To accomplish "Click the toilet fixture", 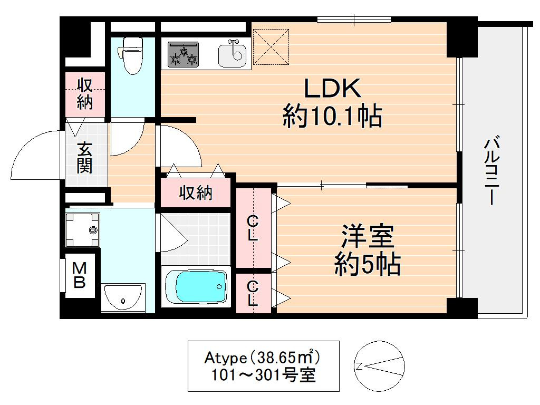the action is point(131,55).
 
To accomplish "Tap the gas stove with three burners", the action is point(183,54).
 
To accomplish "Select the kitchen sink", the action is point(232,54).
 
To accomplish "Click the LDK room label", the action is point(332,89).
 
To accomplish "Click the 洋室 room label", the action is point(368,236).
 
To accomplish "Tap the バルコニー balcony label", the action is point(492,171).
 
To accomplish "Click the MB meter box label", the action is point(79,275).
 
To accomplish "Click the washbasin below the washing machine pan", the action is point(123,297).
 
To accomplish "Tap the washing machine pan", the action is point(82,230).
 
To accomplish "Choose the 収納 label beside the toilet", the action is point(85,94).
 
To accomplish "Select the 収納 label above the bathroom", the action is point(196,193).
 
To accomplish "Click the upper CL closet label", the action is point(253,228).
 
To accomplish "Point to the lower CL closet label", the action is point(253,293).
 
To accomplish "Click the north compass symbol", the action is point(379,366).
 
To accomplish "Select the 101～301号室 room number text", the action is point(263,375).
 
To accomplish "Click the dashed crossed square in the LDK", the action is point(271,47).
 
